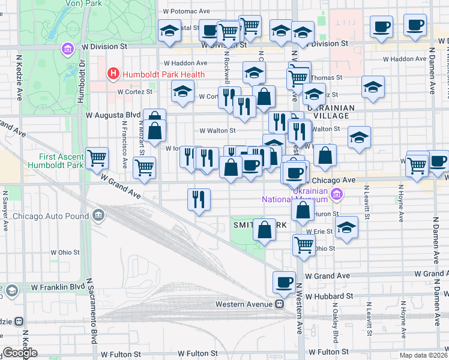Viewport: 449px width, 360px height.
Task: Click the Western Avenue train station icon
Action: click(279, 304)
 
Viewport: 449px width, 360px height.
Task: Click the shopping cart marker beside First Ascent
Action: click(97, 159)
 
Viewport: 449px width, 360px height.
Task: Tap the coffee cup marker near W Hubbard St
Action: click(284, 283)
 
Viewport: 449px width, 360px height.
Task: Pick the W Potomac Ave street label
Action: click(187, 11)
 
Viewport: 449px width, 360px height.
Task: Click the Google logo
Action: click(20, 353)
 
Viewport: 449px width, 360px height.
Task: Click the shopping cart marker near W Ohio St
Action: click(304, 244)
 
